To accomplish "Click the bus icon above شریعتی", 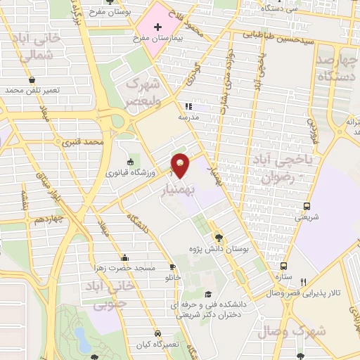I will click(306, 206).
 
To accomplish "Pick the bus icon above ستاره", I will click(283, 266).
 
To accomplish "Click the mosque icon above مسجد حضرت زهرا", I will click(124, 257).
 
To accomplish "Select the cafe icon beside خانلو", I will click(173, 267).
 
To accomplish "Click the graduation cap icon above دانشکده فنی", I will click(207, 295).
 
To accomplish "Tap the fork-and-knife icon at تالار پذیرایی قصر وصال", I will click(304, 281).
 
